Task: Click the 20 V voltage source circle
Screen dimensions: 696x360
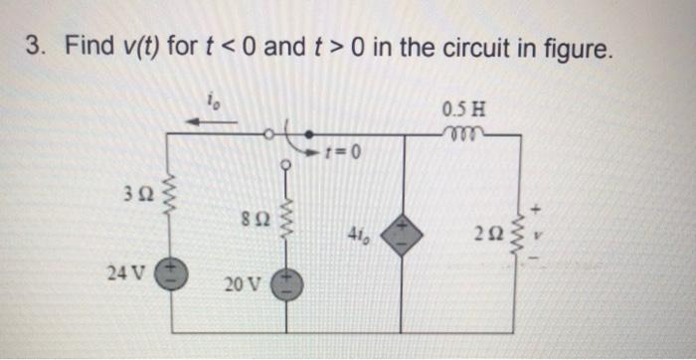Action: [286, 285]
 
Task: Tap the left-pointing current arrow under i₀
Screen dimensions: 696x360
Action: [211, 122]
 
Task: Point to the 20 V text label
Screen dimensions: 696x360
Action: [242, 284]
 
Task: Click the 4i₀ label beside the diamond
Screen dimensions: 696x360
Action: [360, 236]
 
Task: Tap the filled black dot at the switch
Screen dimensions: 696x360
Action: [307, 133]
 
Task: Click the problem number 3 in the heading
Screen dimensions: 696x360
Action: [32, 46]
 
